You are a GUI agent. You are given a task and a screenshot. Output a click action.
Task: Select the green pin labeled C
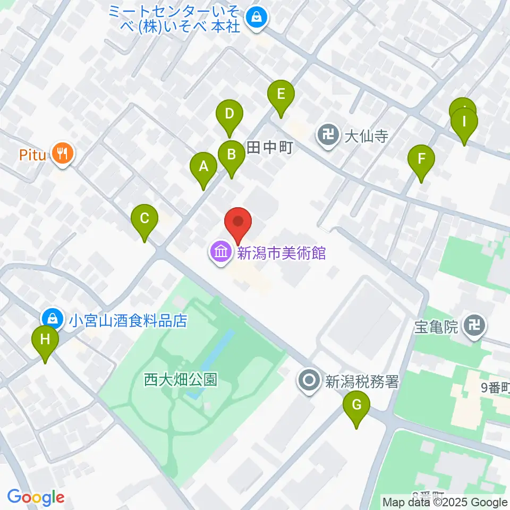145,218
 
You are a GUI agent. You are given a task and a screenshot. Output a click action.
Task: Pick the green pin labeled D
229,114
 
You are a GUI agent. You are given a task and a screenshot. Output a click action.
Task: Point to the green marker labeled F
421,159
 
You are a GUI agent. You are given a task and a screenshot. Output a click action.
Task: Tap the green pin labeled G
356,405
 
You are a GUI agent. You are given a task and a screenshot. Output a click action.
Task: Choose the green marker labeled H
45,339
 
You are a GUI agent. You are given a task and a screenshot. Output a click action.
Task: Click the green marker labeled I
464,122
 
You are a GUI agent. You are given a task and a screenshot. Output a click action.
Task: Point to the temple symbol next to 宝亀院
474,327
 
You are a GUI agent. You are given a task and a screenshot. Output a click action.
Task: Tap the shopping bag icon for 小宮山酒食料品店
53,319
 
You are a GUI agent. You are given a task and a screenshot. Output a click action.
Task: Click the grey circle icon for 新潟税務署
309,380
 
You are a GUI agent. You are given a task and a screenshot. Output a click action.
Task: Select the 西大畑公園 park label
181,379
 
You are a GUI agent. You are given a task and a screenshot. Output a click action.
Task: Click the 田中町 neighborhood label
270,147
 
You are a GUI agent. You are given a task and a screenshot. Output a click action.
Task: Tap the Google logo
36,497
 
